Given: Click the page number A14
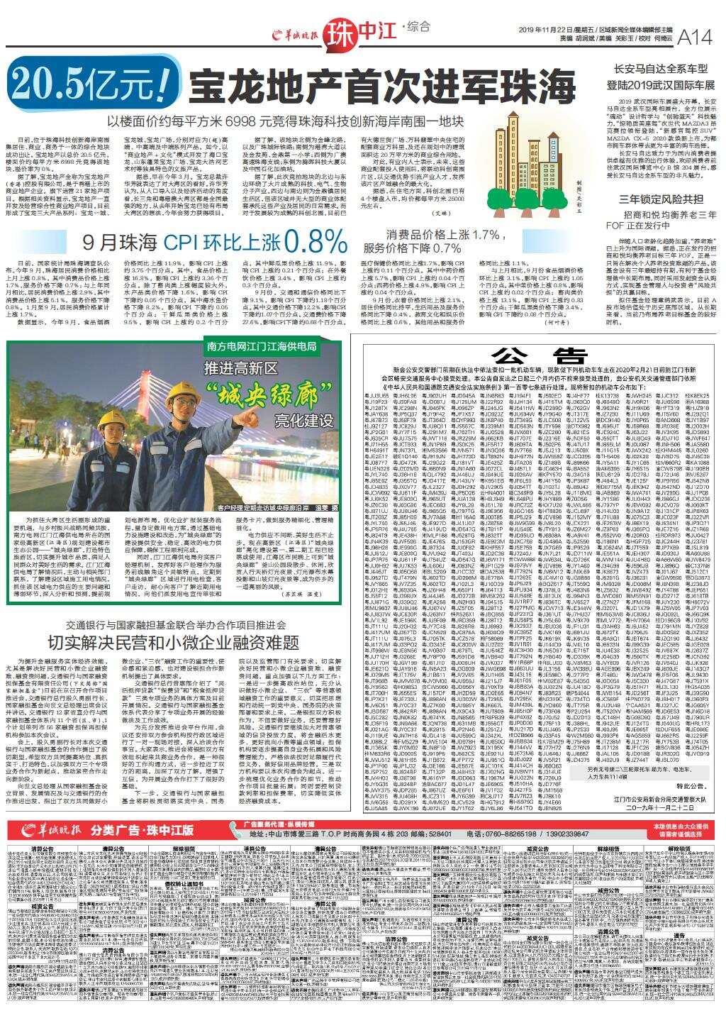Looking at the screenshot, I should point(695,36).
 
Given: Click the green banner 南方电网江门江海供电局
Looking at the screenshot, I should point(262,347).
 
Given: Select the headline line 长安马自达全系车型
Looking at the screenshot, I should point(661,69).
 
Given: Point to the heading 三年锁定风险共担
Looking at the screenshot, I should point(661,199).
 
